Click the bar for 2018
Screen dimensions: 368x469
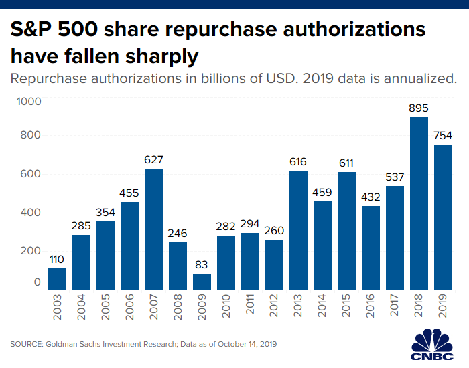(419, 203)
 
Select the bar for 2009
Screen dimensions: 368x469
(202, 282)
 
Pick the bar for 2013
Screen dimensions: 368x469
(298, 230)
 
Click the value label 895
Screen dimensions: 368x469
(419, 108)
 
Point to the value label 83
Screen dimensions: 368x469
(202, 264)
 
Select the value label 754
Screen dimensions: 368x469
(443, 136)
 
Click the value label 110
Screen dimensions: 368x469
(57, 259)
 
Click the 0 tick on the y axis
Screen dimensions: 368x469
(38, 282)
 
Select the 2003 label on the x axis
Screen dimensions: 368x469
(58, 306)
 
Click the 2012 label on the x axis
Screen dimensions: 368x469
(275, 306)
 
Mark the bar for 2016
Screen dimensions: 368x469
(371, 248)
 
